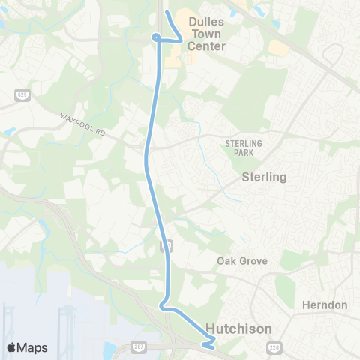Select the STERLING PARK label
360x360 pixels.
tap(240, 147)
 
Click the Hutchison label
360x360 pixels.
tap(239, 328)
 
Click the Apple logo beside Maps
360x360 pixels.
tap(12, 347)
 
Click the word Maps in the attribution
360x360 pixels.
tap(33, 347)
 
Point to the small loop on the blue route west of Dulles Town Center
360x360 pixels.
tap(155, 37)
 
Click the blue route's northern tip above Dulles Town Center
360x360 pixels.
tap(167, 14)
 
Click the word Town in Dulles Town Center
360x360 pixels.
tap(207, 34)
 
